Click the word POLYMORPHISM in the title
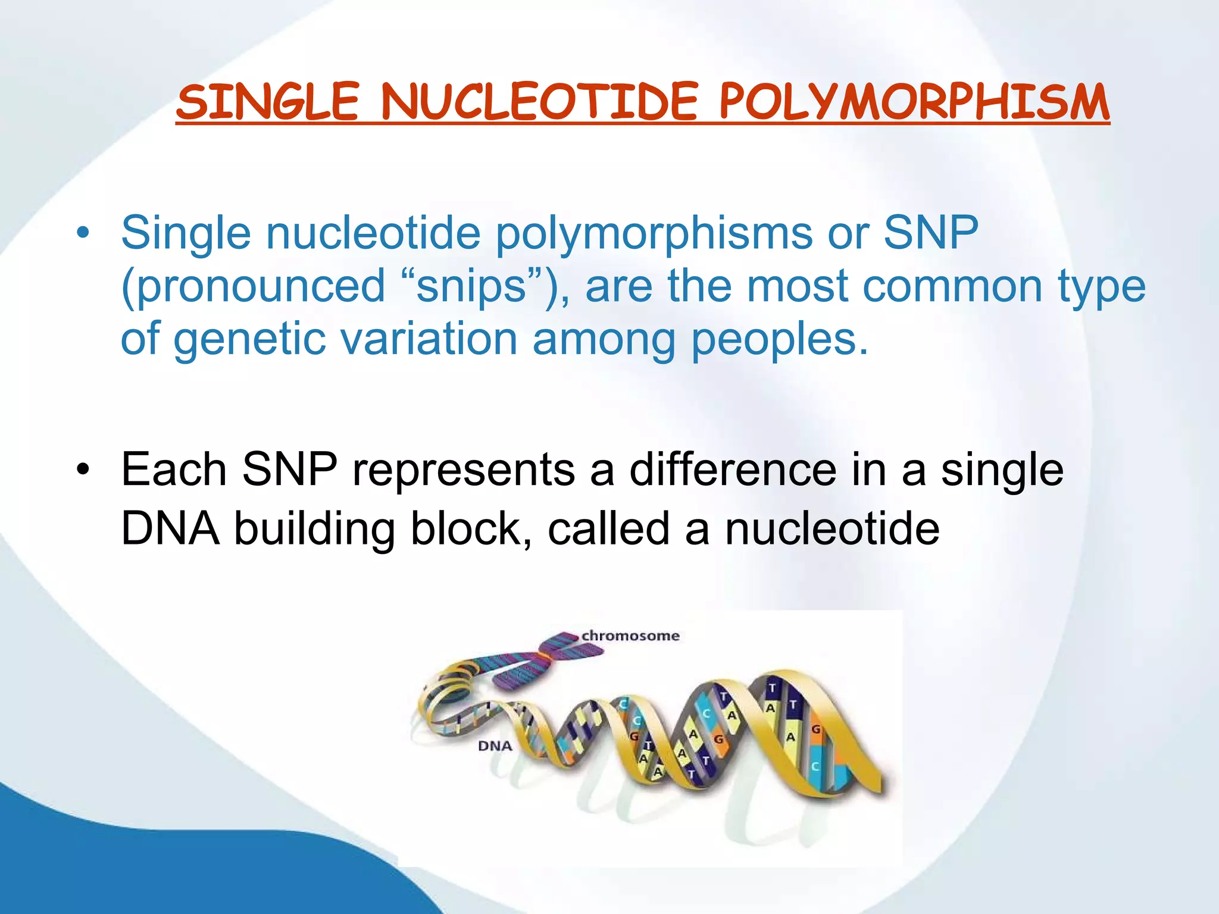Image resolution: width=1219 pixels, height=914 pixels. pos(914,102)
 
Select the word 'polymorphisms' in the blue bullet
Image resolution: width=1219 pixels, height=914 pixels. pos(654,233)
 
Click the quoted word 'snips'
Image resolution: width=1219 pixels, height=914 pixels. pos(471,286)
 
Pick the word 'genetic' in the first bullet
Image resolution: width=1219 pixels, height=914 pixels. pos(249,339)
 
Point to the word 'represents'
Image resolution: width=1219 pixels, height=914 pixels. pos(463,469)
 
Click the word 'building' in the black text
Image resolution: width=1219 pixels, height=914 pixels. pos(314,528)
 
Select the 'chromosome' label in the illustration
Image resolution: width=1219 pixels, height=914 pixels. pos(630,636)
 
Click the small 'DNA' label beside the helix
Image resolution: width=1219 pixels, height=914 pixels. pos(495,746)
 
